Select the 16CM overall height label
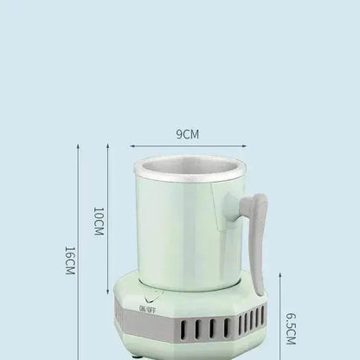[70, 260]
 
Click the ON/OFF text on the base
[148, 307]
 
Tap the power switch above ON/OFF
[148, 298]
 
